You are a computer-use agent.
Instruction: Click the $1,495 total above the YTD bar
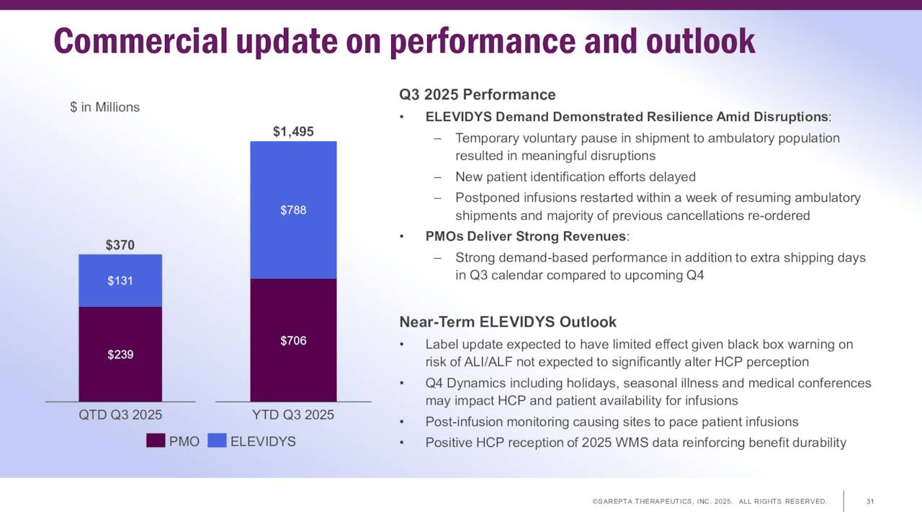pos(293,131)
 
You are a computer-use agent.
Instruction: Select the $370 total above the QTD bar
pos(120,245)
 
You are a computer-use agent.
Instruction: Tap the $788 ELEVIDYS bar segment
pos(293,210)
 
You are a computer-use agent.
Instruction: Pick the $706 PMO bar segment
pos(293,340)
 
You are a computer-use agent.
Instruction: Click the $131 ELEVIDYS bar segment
pos(120,281)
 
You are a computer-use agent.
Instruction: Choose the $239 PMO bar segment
pos(120,355)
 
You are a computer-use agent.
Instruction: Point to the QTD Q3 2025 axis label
pos(120,415)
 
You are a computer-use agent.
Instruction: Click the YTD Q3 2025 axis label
pos(293,415)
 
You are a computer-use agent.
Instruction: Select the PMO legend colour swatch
pos(156,441)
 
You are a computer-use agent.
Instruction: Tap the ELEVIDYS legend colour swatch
pos(217,441)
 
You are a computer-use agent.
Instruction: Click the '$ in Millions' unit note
pos(104,107)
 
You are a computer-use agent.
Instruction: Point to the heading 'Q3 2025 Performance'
pos(477,95)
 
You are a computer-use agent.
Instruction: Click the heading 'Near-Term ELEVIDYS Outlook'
pos(508,322)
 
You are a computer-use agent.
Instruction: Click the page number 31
pos(870,502)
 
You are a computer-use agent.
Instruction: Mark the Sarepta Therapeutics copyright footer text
pos(710,502)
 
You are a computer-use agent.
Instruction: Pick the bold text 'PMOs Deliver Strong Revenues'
pos(526,236)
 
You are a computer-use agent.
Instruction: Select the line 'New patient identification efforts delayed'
pos(575,177)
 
